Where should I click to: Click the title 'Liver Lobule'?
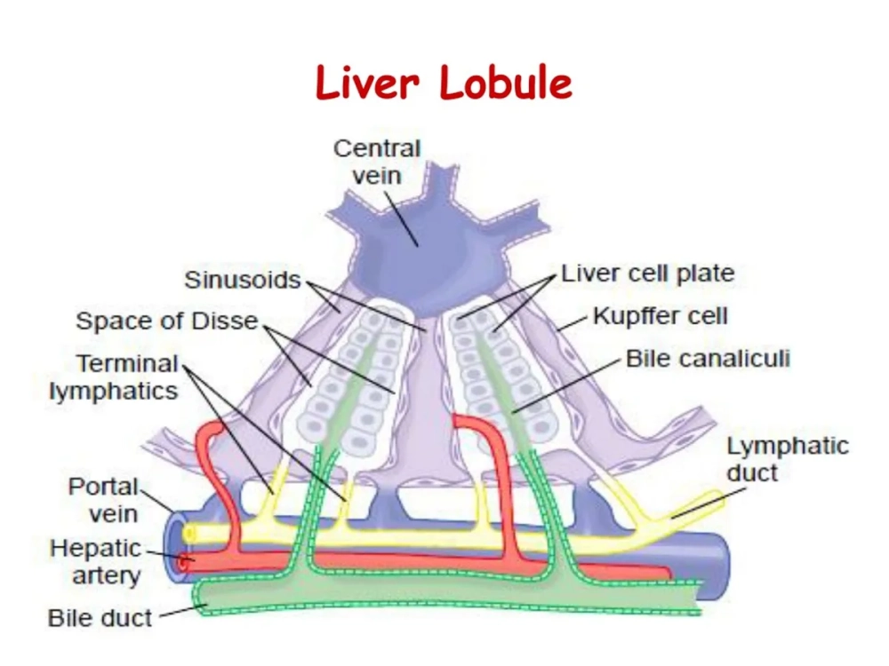444,84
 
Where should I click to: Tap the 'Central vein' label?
377,162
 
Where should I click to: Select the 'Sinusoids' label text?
243,281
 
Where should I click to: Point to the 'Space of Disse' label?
167,321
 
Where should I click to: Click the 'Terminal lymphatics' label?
115,377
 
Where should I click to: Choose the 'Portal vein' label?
103,499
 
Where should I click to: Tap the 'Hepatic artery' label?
95,561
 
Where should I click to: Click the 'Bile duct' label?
100,617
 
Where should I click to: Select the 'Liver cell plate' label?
647,274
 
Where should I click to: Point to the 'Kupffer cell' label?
660,315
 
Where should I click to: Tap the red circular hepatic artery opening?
184,561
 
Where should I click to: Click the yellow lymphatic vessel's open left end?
190,533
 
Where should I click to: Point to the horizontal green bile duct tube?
444,592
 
